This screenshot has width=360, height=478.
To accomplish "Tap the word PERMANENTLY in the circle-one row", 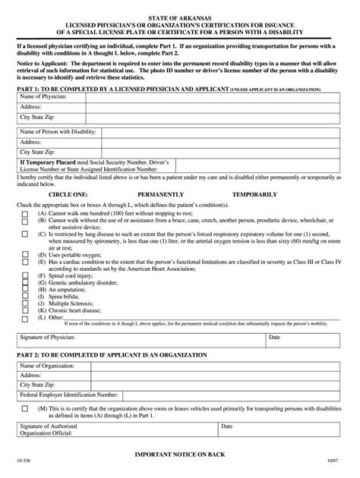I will click(x=181, y=193).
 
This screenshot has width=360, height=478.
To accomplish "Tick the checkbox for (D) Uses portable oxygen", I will click(x=26, y=256).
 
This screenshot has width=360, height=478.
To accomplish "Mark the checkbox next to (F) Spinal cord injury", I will click(x=26, y=276).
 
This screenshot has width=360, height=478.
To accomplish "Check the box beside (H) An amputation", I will click(x=26, y=290).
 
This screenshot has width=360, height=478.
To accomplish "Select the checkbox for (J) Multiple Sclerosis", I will click(x=26, y=303).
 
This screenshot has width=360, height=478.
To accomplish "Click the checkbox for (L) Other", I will click(x=26, y=317).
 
